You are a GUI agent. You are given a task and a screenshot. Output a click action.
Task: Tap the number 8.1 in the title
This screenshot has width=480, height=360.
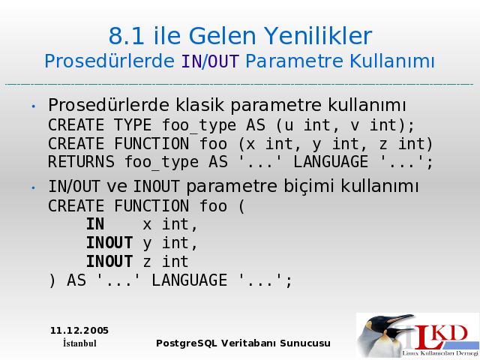pos(127,36)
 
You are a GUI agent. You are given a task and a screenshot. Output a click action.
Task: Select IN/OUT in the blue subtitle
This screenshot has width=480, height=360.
pos(210,61)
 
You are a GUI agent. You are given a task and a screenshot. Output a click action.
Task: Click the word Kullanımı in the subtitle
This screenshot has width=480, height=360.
pos(391,61)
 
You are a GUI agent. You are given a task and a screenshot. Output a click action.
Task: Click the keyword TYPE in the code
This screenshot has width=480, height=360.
pos(133,125)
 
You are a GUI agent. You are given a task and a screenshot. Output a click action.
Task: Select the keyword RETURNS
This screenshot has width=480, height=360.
pos(81,162)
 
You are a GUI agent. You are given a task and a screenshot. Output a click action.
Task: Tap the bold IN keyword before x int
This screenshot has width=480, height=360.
pos(95,224)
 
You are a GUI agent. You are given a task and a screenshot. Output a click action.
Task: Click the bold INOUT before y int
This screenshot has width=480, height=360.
pos(109,243)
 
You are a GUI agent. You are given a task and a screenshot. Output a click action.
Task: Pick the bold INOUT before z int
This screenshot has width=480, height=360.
pos(109,262)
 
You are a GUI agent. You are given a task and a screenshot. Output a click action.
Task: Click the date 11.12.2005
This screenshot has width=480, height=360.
pos(79,331)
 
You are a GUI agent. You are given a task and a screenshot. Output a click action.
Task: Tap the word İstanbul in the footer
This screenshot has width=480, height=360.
pos(79,343)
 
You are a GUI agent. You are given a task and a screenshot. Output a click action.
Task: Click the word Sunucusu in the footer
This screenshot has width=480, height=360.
pos(305,343)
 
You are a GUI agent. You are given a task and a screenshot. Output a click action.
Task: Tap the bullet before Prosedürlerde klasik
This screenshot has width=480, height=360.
pos(33,106)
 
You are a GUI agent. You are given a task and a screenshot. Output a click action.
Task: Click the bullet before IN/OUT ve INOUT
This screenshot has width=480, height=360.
pos(33,187)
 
